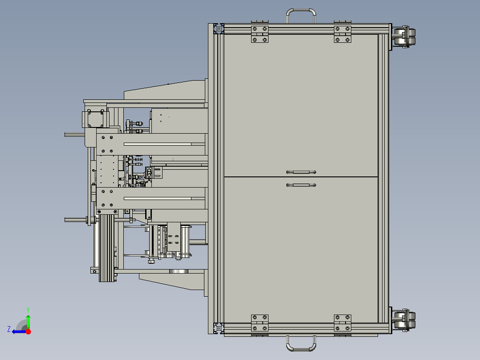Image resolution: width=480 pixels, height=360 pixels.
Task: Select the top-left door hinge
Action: (260, 34)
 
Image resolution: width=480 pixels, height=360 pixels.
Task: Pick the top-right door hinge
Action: (342, 34)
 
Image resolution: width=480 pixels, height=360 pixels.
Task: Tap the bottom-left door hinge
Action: (260, 323)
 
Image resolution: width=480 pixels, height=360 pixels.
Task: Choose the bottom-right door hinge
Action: (342, 323)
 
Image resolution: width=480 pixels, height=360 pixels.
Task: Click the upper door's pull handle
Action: (301, 172)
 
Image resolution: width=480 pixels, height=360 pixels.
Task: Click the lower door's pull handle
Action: (301, 185)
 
